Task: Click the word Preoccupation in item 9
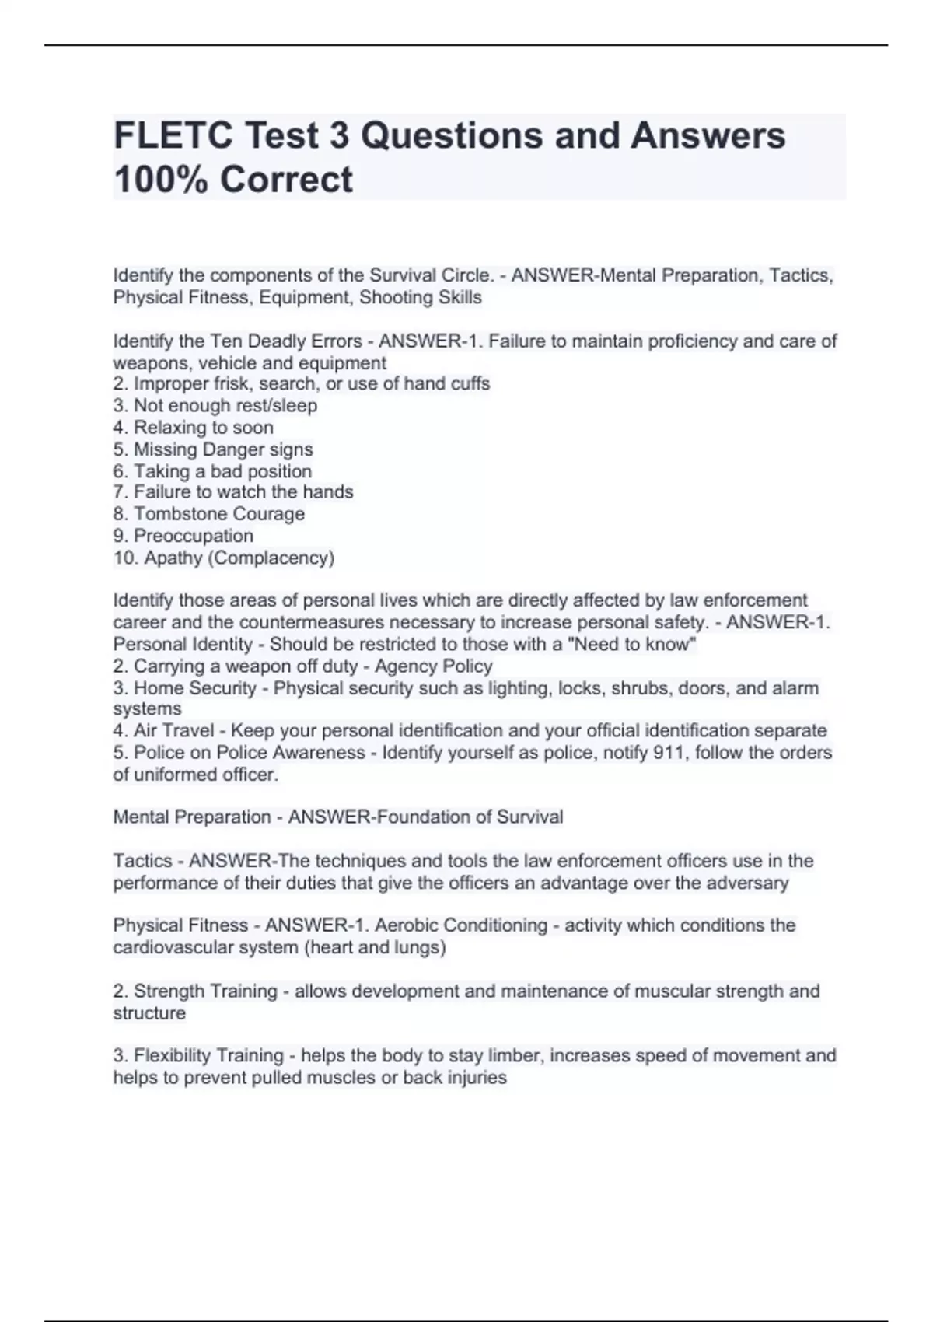pos(194,536)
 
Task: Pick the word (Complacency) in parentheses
pos(271,558)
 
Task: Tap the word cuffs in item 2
pos(470,383)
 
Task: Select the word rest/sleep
pos(278,405)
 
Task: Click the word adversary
pos(748,883)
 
